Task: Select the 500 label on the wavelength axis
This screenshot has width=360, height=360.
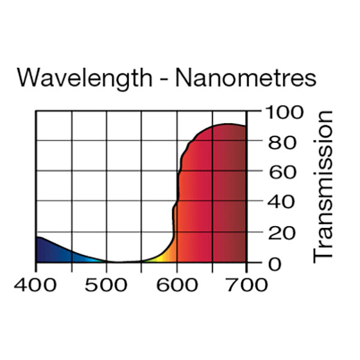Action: pyautogui.click(x=107, y=284)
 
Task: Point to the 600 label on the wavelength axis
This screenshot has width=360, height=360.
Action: pyautogui.click(x=177, y=284)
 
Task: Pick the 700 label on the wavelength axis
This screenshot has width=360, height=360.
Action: pyautogui.click(x=247, y=284)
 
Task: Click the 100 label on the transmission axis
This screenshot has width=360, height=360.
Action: pyautogui.click(x=283, y=112)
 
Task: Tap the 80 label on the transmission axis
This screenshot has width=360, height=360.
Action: pyautogui.click(x=277, y=143)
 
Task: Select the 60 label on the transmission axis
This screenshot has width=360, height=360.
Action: pyautogui.click(x=277, y=173)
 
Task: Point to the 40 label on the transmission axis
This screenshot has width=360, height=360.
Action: pyautogui.click(x=277, y=203)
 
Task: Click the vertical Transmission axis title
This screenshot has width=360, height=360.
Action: pyautogui.click(x=324, y=186)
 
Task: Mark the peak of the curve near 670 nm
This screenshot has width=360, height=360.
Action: pyautogui.click(x=226, y=124)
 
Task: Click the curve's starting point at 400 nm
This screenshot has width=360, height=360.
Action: pyautogui.click(x=37, y=238)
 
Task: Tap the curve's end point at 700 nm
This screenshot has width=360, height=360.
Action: pyautogui.click(x=246, y=126)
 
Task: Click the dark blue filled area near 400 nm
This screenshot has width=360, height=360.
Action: pyautogui.click(x=45, y=252)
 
